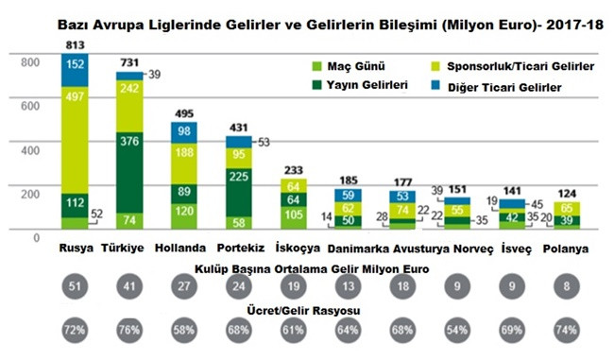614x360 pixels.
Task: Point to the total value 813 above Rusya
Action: click(76, 44)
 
